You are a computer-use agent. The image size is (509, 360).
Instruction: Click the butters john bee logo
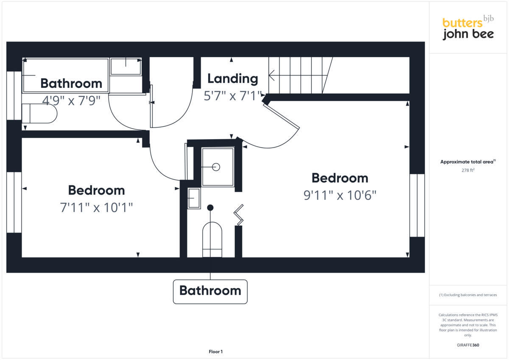tap(468, 28)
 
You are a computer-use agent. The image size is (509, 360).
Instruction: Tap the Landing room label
tap(232, 79)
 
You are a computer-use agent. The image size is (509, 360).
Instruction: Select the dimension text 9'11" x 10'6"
tap(340, 195)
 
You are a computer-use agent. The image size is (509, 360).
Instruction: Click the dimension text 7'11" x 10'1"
tap(96, 208)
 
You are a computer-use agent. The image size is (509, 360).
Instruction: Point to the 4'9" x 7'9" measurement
tap(71, 100)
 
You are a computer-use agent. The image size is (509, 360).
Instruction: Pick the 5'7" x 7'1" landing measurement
tap(232, 96)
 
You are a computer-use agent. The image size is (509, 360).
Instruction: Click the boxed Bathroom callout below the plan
tap(210, 291)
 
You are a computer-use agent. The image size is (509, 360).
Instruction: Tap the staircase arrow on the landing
tap(297, 77)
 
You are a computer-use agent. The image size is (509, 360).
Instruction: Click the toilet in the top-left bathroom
tap(39, 114)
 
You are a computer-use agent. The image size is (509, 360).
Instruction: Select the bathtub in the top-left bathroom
tap(65, 75)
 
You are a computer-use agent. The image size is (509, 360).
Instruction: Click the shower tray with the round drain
tap(218, 167)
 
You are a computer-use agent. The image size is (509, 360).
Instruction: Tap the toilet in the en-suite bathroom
tap(212, 240)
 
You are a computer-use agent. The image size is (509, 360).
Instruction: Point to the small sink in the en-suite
tap(194, 198)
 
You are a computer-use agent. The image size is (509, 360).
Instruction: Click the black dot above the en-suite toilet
tap(210, 207)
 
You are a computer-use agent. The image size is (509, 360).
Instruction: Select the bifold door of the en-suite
tap(239, 215)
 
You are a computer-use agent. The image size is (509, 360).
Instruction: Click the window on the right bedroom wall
tap(417, 205)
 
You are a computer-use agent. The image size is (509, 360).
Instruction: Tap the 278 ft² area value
tap(468, 170)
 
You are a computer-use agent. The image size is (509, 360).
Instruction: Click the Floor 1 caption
tap(215, 352)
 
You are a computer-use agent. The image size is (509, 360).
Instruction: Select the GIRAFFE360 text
tap(468, 345)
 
